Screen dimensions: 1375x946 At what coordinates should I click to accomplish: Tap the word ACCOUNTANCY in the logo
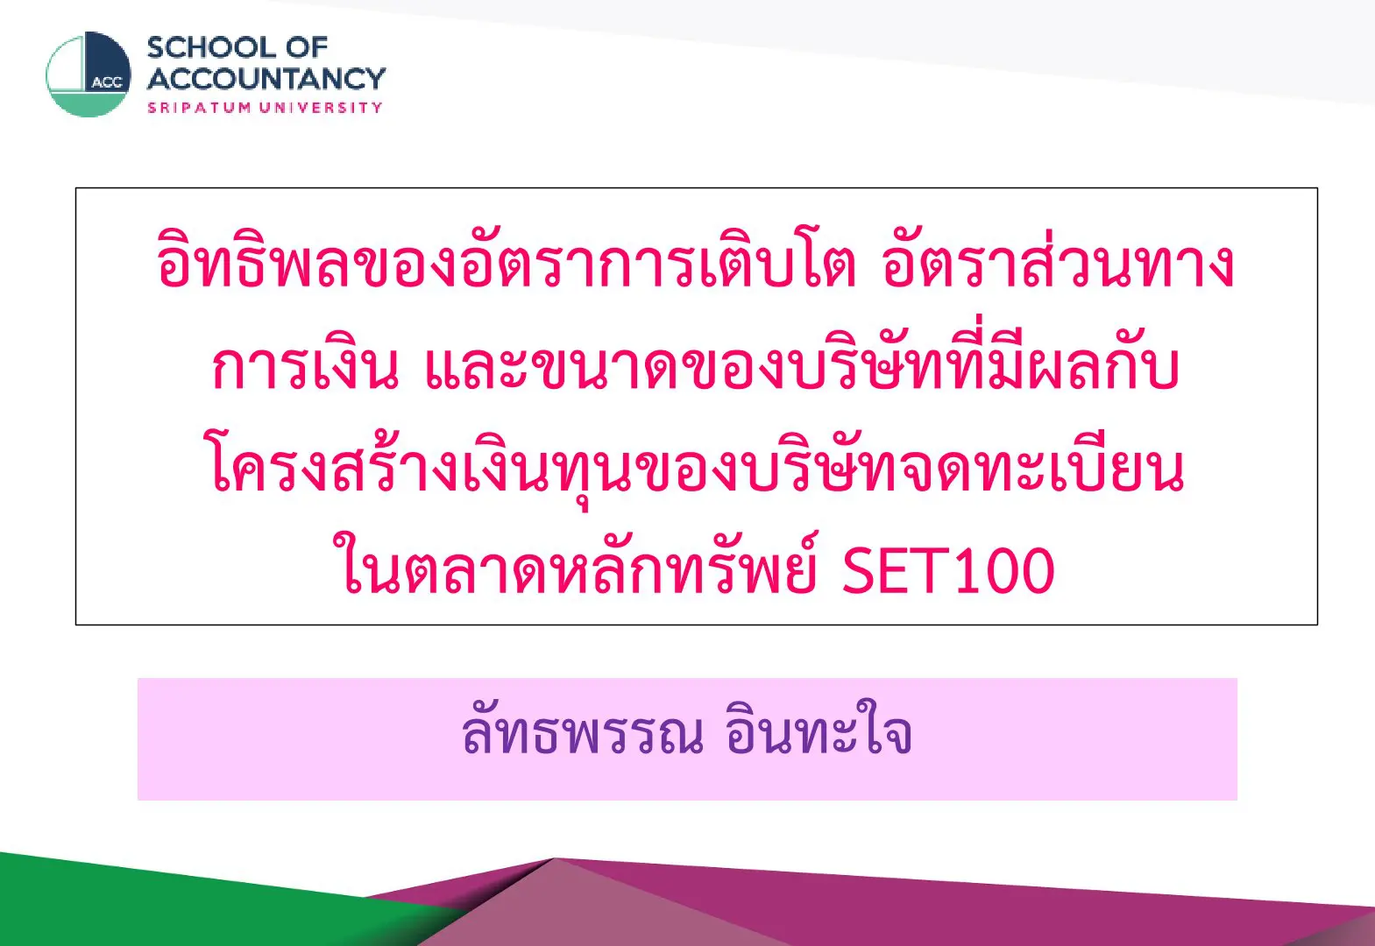(x=266, y=79)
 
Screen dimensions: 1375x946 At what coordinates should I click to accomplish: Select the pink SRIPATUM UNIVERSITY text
(x=265, y=108)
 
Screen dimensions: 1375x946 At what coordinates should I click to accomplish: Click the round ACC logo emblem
(x=89, y=74)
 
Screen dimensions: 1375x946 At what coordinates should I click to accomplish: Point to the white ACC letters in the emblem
(x=108, y=83)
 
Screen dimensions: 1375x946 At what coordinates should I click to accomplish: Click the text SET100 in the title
(x=947, y=571)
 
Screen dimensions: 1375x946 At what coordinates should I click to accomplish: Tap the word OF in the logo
(x=307, y=48)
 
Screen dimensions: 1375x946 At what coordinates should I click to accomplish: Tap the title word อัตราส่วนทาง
(x=1059, y=261)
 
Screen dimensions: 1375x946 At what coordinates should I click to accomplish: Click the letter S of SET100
(x=859, y=571)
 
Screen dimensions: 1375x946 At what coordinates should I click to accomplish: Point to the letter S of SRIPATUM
(x=151, y=108)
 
